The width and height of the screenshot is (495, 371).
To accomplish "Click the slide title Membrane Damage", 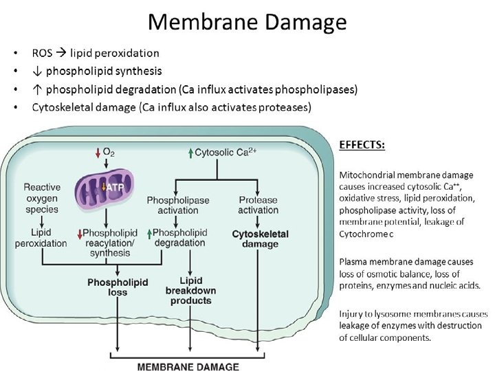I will pos(247,23).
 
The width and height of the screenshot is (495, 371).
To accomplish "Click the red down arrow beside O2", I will pos(98,152).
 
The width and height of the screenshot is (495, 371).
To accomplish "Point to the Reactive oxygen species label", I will pos(42,198).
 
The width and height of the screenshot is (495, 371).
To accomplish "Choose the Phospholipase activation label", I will pos(178,205).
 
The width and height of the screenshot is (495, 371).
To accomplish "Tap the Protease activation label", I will pos(258,205).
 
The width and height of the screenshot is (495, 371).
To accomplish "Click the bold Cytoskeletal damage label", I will pos(260,239).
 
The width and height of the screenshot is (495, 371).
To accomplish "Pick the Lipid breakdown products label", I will pos(191,291).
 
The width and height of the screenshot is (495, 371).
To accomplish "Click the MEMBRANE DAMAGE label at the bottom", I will pos(188,366).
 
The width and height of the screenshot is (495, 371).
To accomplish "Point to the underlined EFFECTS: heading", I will pos(362,145).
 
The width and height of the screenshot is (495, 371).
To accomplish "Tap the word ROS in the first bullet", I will pos(43,53).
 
